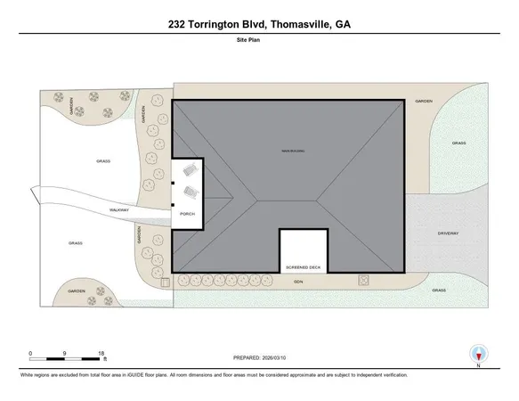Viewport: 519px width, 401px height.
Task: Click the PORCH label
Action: click(x=187, y=214)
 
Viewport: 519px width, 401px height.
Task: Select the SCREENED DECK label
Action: click(x=303, y=266)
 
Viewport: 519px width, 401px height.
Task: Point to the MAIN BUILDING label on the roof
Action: click(x=294, y=151)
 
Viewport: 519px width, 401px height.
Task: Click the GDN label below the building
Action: click(x=301, y=281)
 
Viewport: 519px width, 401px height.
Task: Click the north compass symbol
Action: click(x=478, y=352)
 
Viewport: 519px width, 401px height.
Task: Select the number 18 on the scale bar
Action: click(x=102, y=354)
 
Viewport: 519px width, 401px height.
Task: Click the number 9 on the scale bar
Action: click(x=66, y=354)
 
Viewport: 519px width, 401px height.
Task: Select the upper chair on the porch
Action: click(x=188, y=169)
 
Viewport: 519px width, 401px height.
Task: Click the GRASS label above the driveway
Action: click(x=458, y=143)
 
